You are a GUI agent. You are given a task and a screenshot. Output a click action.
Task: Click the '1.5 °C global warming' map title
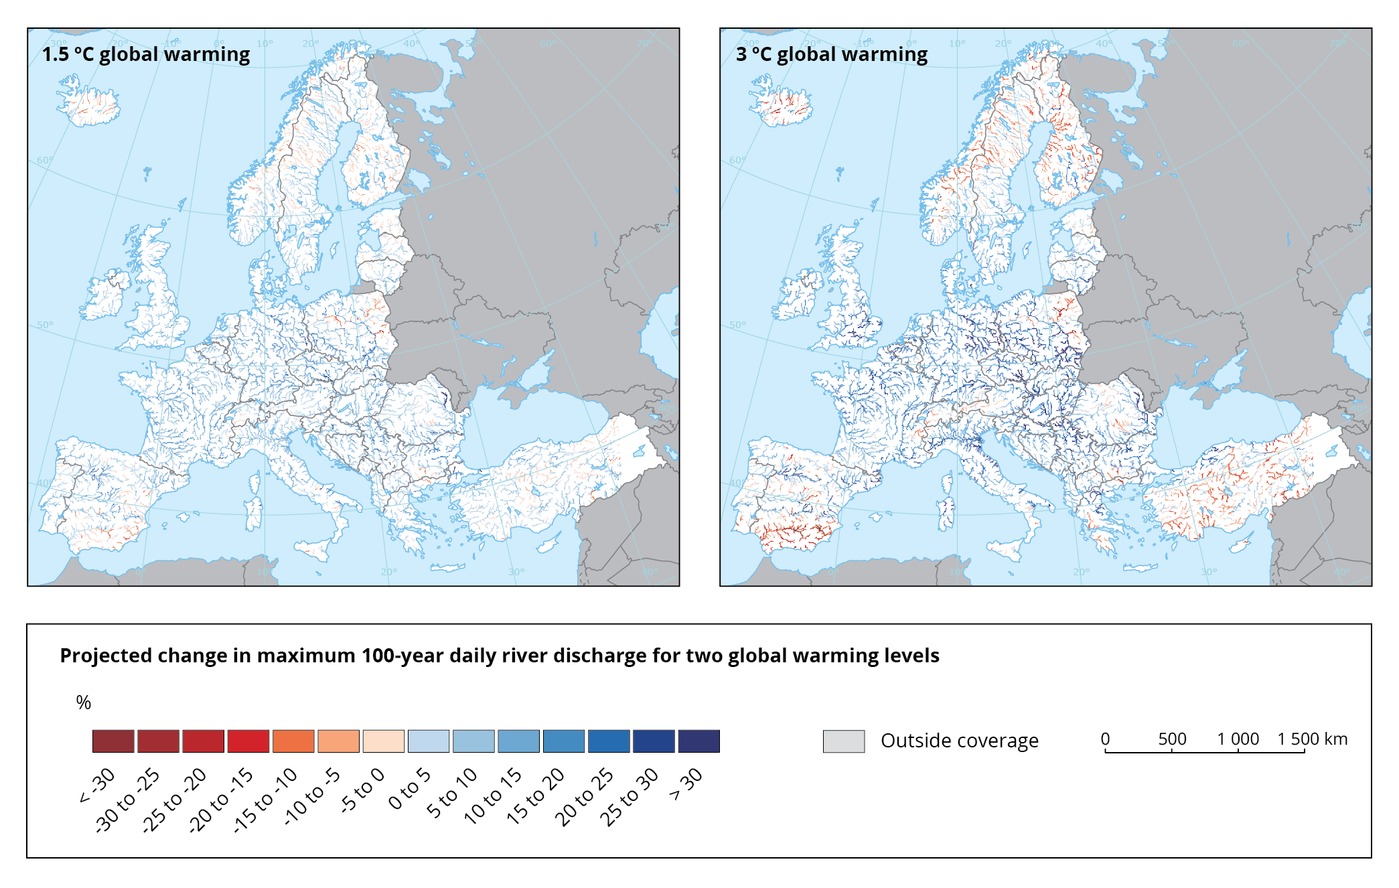146,54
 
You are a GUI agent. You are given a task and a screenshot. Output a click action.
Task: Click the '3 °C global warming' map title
832,54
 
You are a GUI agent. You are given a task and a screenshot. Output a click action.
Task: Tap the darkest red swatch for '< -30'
113,741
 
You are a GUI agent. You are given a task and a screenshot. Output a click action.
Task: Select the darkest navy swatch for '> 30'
698,741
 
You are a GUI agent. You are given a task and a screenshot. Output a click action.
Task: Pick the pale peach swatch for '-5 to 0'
384,741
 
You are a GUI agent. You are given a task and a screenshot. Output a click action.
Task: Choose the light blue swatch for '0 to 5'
429,741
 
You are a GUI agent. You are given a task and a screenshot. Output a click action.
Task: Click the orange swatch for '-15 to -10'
293,741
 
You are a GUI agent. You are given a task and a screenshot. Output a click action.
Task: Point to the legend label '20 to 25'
584,797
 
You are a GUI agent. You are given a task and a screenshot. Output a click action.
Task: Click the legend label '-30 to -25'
127,800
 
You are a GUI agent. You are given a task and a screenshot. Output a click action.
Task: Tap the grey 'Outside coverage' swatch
843,741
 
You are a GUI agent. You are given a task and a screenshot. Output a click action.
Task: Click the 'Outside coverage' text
959,741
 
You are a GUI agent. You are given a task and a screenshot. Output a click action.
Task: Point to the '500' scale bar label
1172,739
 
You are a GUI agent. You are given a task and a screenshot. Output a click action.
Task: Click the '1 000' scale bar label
1238,739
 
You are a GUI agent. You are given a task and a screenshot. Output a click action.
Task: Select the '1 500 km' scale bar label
1312,739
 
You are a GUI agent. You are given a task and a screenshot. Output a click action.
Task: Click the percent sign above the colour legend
83,702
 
